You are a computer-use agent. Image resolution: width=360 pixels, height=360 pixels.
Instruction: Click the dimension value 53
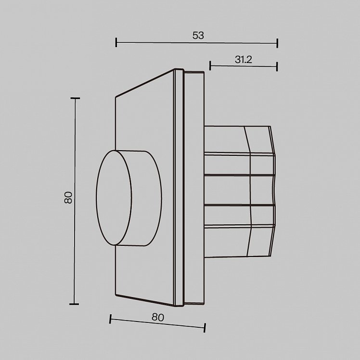(x=198, y=36)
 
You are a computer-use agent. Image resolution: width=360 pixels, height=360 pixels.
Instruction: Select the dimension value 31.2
(x=244, y=60)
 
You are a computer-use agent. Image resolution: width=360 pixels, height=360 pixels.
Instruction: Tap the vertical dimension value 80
(x=68, y=198)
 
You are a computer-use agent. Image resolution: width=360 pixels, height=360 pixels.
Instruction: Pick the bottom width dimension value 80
(x=158, y=317)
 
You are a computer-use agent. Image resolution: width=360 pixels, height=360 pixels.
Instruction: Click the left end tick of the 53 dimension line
(x=116, y=42)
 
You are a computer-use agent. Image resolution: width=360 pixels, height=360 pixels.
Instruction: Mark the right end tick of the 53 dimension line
(x=278, y=43)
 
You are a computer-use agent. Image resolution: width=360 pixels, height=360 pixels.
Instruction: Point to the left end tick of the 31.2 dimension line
(x=210, y=65)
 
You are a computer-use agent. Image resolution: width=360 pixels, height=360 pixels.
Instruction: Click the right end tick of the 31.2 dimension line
(x=277, y=66)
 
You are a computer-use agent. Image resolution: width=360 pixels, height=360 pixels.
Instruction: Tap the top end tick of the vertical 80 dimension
(x=75, y=98)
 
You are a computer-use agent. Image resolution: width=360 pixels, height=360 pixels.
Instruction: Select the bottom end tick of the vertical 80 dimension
(x=74, y=304)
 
